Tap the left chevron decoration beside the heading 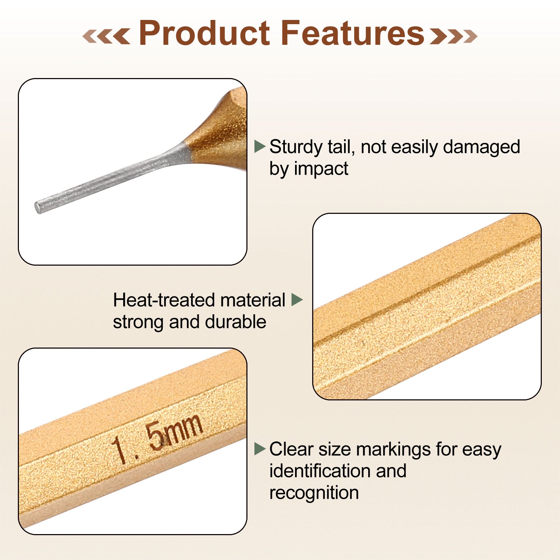tap(106, 36)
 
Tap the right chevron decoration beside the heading tap(454, 36)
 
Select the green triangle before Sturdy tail tap(260, 146)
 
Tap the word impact tap(321, 169)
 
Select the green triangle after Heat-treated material tap(297, 300)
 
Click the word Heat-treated tap(164, 300)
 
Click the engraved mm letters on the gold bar tap(182, 430)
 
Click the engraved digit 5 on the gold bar tap(154, 436)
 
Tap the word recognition tap(314, 493)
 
